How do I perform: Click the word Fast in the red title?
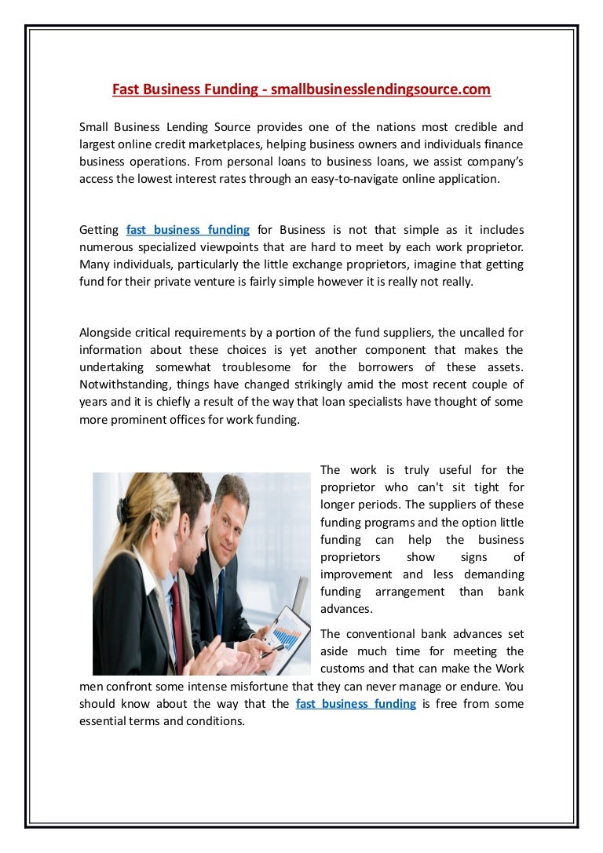point(126,89)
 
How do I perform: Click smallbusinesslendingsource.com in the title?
point(381,89)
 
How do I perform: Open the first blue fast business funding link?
point(188,230)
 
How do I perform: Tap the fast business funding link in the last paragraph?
point(356,704)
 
